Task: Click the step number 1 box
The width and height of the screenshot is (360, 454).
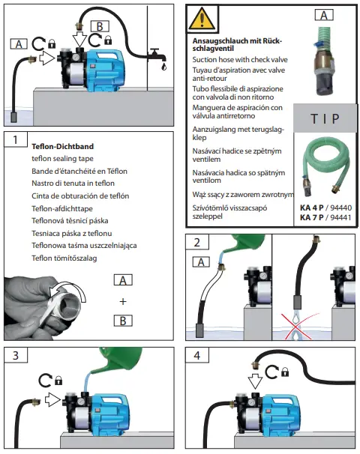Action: (16, 139)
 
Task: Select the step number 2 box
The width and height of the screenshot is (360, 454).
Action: (197, 243)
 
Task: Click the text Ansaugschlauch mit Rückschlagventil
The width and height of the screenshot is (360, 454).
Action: (232, 43)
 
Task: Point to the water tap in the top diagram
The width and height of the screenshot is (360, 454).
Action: (156, 55)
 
